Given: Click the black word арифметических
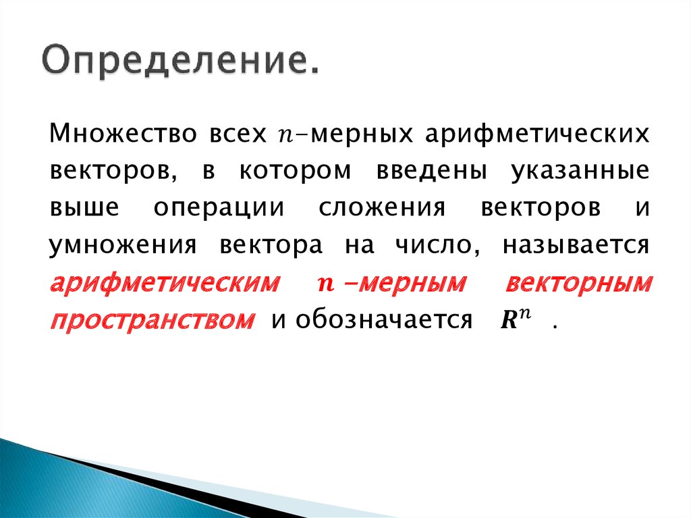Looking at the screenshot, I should point(537,133).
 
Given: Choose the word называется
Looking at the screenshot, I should point(576,244).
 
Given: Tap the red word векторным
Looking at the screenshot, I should point(578,282).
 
